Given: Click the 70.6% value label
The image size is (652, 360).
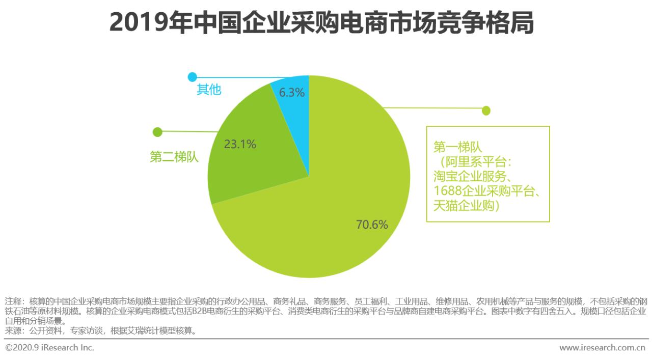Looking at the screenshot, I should click(x=372, y=225).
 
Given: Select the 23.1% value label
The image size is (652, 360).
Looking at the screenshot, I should click(x=240, y=144).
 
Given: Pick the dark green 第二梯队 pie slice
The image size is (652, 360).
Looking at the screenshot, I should click(x=255, y=168).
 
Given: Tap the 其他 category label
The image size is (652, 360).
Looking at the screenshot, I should click(x=209, y=90).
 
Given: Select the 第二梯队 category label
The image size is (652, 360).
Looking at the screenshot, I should click(x=174, y=157).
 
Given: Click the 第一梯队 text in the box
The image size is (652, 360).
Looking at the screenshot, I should click(x=457, y=148).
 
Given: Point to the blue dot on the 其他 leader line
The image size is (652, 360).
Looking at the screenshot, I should click(x=192, y=77).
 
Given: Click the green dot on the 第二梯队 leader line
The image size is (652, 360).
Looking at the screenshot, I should click(x=157, y=132).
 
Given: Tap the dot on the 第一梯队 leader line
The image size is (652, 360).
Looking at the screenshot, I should click(x=486, y=110).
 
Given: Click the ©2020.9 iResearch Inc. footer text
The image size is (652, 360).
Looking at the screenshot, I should click(x=49, y=348).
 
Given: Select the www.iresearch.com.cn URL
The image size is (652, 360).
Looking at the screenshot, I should click(x=602, y=348).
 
